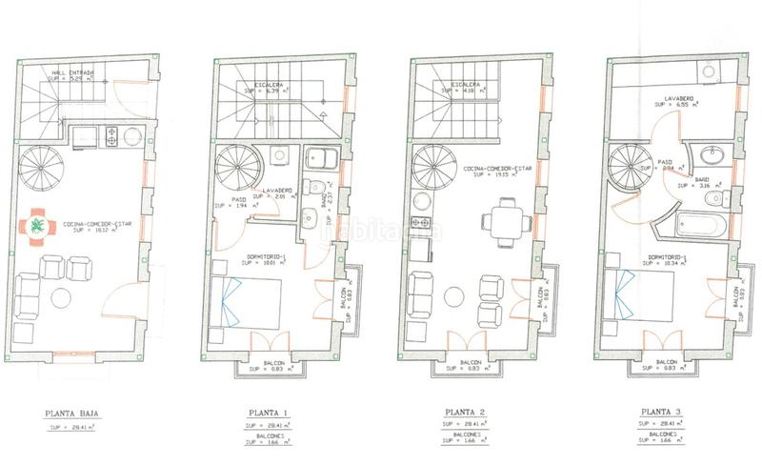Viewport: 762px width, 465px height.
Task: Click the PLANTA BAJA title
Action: click(x=72, y=414)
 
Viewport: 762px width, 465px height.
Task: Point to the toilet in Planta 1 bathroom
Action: click(x=311, y=187)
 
